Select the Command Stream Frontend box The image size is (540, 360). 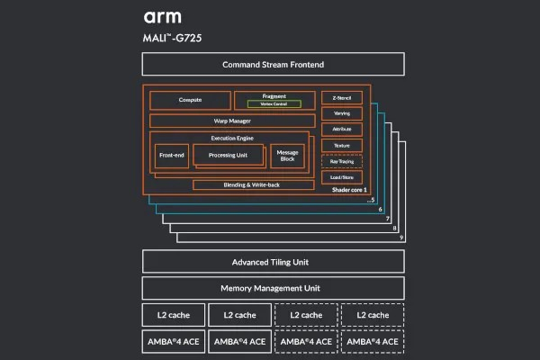(x=273, y=65)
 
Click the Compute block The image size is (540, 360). (x=190, y=100)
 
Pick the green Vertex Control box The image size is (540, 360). (x=274, y=103)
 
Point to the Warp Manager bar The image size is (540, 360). (x=232, y=121)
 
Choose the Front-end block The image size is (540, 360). (x=172, y=156)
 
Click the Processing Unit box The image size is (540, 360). (x=228, y=156)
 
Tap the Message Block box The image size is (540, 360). (x=288, y=156)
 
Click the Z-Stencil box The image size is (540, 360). (x=341, y=98)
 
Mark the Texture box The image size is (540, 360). (x=341, y=145)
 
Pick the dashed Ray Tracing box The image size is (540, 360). (x=341, y=161)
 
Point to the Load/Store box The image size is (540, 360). (x=341, y=177)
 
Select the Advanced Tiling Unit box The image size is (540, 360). (x=273, y=262)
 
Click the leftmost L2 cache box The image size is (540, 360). (x=173, y=315)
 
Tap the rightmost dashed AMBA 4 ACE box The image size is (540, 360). (x=372, y=341)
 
